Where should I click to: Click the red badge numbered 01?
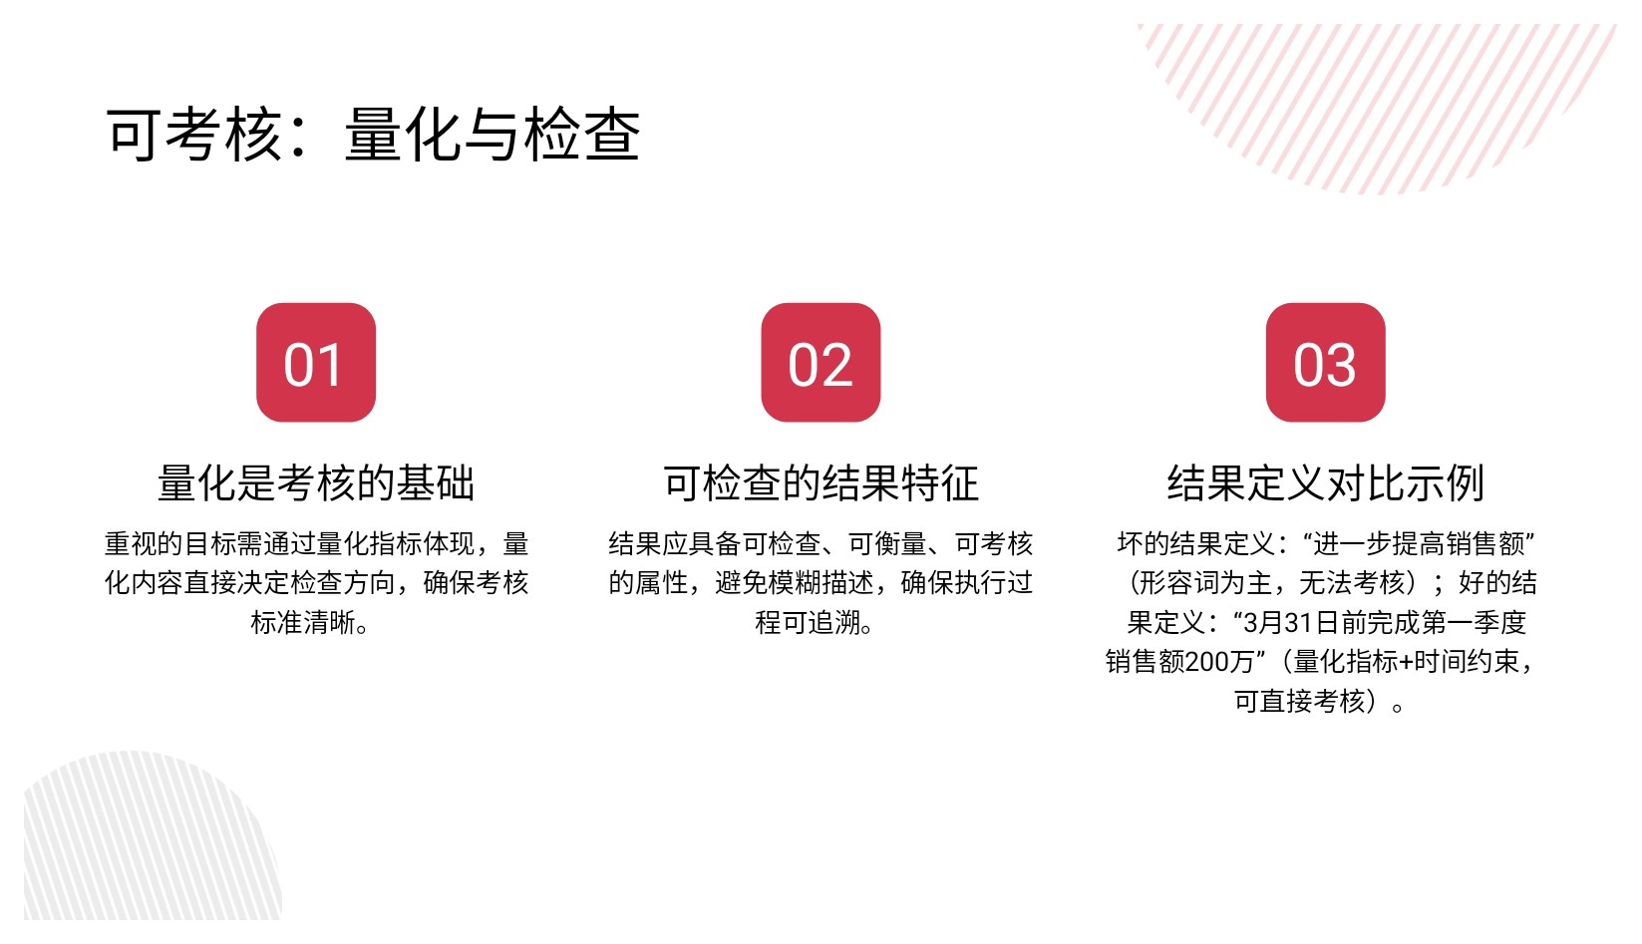tap(316, 362)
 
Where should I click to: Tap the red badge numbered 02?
tap(821, 362)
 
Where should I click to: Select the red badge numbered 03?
tap(1325, 362)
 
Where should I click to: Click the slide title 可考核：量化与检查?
tap(374, 135)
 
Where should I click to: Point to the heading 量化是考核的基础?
tap(316, 483)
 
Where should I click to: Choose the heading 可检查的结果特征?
tap(821, 483)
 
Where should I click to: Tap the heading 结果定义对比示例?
tap(1325, 483)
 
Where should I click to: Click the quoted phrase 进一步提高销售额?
tap(1419, 544)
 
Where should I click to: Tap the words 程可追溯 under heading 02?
tap(808, 623)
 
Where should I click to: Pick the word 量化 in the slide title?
tap(403, 135)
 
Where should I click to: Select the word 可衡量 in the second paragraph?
tap(887, 544)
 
